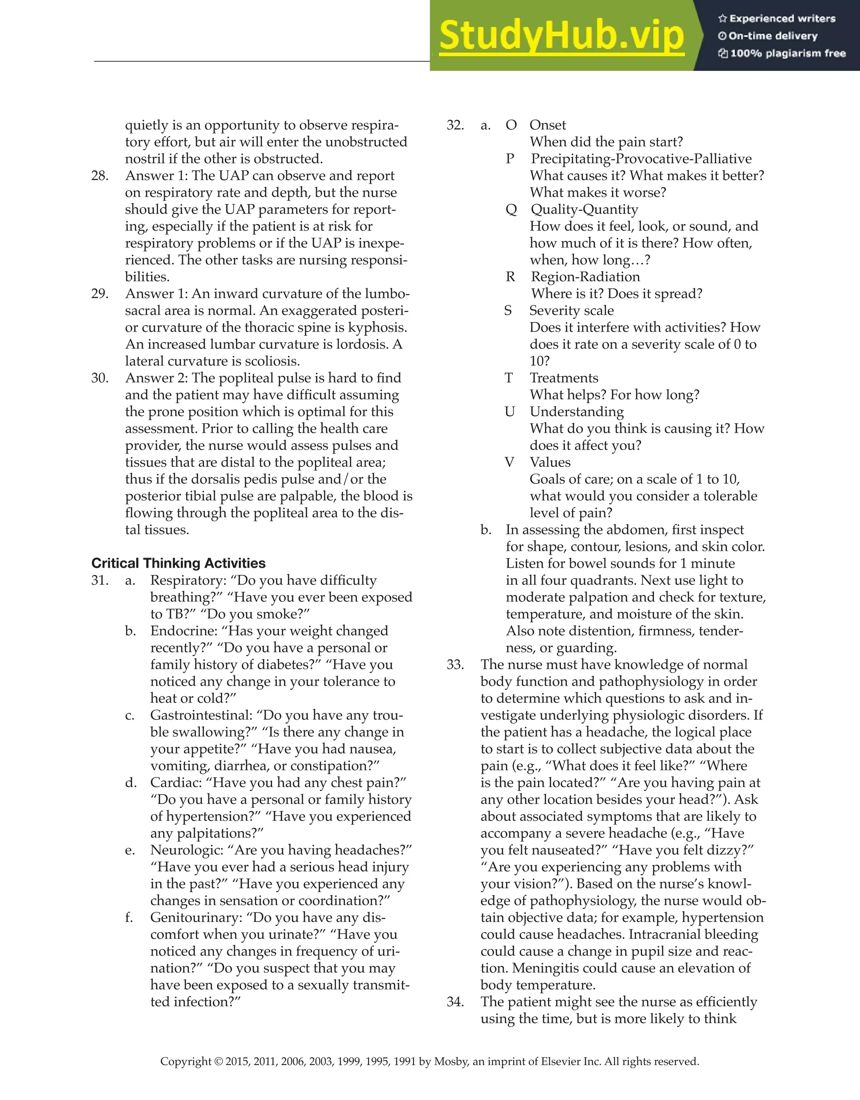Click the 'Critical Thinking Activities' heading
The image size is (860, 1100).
(178, 563)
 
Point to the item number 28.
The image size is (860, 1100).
(100, 176)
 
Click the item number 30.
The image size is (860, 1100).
(100, 378)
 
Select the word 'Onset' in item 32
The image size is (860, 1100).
(548, 125)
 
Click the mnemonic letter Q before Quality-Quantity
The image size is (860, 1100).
(511, 210)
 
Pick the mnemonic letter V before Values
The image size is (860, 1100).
(509, 462)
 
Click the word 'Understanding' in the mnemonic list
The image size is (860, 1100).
(577, 411)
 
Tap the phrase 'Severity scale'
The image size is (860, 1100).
(572, 310)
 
